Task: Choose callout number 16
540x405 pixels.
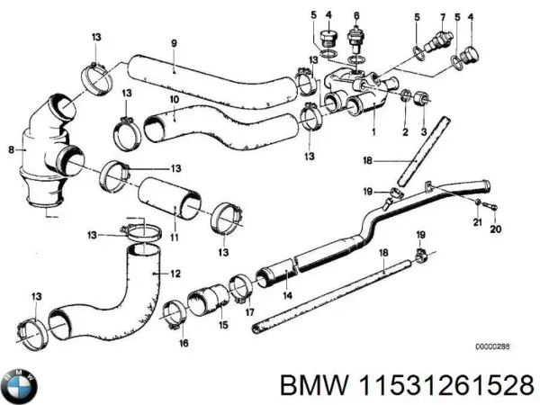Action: [184, 343]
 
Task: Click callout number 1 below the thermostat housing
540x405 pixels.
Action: [373, 130]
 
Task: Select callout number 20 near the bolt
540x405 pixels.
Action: [493, 229]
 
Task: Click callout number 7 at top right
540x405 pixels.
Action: [443, 16]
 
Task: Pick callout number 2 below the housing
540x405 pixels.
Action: [406, 130]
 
